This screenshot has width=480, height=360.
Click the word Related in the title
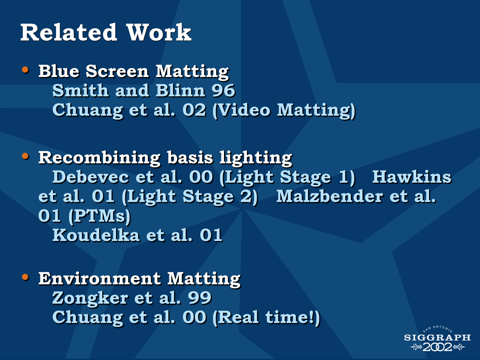(69, 32)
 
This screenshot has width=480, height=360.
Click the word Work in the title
(159, 32)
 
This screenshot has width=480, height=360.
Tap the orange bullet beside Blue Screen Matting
(25, 70)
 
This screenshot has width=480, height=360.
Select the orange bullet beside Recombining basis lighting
(25, 156)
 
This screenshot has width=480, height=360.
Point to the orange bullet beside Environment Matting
(25, 277)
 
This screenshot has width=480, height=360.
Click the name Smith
(80, 90)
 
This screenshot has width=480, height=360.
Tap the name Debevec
(91, 177)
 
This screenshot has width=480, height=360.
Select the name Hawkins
(412, 177)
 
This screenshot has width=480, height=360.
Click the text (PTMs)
(100, 216)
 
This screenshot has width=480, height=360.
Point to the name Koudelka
(96, 235)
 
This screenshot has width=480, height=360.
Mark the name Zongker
(90, 298)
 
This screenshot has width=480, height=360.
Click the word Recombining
(99, 158)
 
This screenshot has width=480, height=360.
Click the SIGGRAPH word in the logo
(437, 337)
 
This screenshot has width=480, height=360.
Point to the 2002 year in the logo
(437, 347)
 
